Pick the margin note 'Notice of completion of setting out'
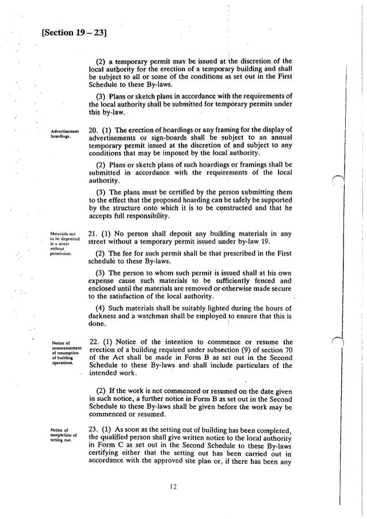coord(60,429)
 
